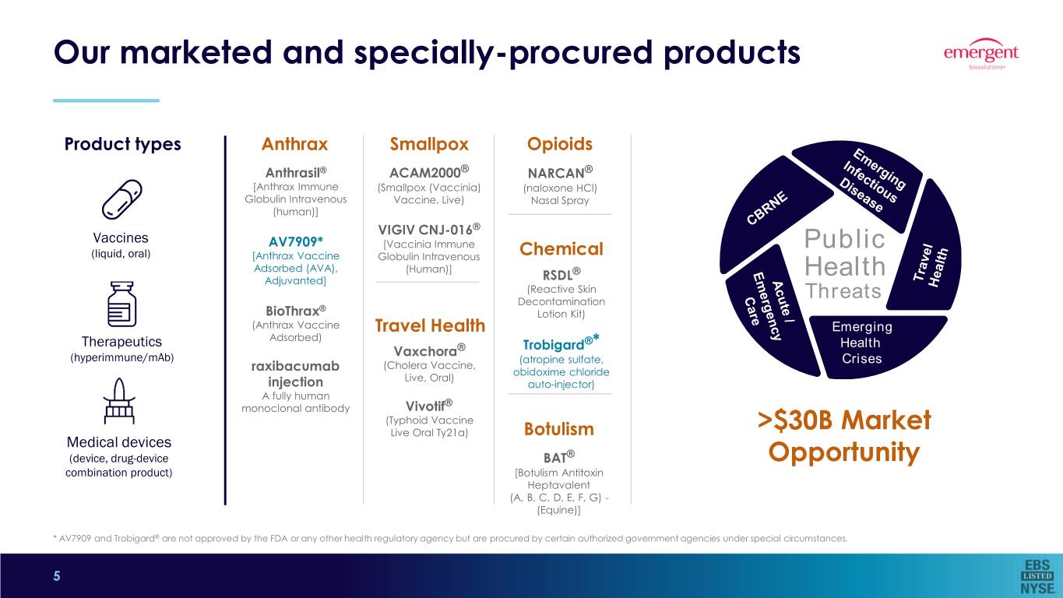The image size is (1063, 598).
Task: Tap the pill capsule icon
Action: (x=121, y=199)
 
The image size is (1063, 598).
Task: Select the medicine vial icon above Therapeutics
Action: (x=121, y=304)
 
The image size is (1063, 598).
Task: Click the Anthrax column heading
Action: (x=294, y=144)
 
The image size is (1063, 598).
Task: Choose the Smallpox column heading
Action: (x=429, y=144)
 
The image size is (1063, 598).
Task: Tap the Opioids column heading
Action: (x=560, y=144)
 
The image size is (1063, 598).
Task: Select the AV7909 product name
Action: (x=295, y=241)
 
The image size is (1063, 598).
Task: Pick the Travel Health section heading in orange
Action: (x=430, y=325)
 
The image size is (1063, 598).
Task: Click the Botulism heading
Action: (x=559, y=429)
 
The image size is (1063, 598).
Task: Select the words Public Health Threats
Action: (x=845, y=266)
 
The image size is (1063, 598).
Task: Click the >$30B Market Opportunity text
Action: (x=843, y=436)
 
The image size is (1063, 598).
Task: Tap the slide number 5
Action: (x=56, y=576)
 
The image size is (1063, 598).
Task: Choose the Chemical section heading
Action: (x=561, y=249)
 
